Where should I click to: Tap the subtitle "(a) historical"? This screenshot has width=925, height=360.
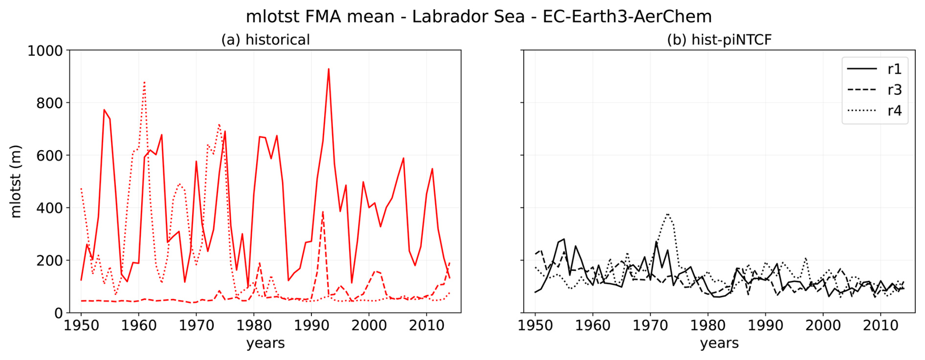[x=265, y=40]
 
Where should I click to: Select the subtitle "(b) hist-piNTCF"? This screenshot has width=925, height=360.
[x=719, y=40]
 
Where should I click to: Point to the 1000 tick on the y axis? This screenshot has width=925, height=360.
[x=45, y=51]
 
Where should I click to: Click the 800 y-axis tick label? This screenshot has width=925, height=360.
[x=49, y=103]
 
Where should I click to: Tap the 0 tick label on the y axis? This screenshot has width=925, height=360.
[x=59, y=313]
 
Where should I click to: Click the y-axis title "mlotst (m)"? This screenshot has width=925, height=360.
[x=16, y=181]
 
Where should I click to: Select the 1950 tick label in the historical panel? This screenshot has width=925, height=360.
[x=81, y=326]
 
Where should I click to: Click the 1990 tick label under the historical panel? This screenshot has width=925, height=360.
[x=311, y=326]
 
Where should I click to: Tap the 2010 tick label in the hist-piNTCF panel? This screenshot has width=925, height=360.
[x=881, y=326]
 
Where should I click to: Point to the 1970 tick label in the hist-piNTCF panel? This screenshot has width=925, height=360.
[x=650, y=326]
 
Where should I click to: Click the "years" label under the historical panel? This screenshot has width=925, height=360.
[x=265, y=343]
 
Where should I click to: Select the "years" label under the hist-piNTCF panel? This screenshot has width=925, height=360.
[x=719, y=343]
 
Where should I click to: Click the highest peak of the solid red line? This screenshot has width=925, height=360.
[x=329, y=69]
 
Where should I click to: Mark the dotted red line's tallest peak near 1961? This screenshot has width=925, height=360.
[x=145, y=82]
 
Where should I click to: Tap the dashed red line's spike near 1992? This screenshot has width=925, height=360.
[x=323, y=212]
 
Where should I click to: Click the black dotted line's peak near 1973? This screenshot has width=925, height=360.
[x=668, y=214]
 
